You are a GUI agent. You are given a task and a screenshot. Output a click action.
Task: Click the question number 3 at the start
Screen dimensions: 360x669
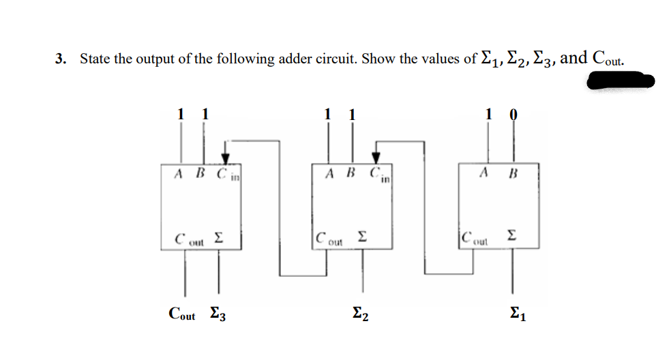click(61, 59)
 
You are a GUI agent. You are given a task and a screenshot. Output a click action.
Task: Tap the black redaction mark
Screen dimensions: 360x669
click(620, 82)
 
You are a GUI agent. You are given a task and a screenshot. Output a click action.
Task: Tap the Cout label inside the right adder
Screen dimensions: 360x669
click(475, 239)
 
